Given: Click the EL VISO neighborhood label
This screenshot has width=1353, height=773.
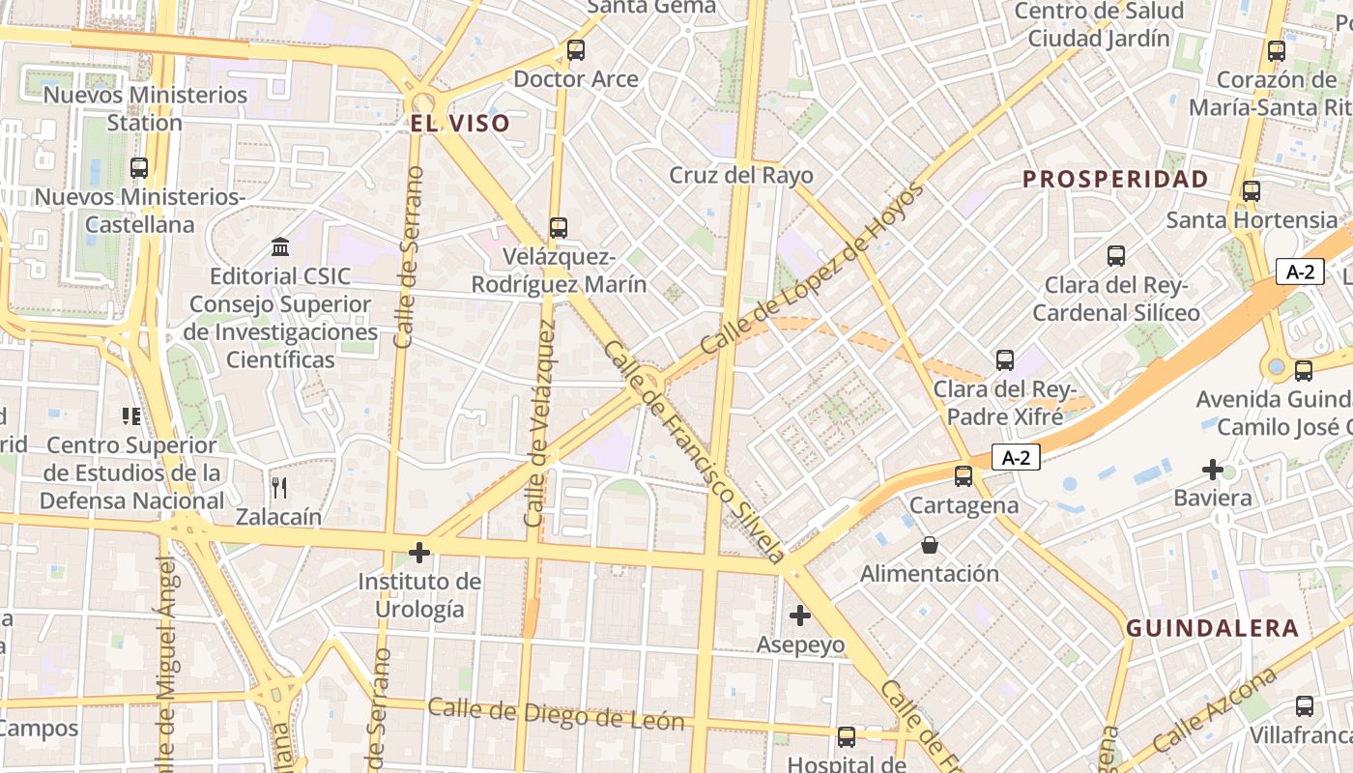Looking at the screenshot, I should pyautogui.click(x=459, y=124).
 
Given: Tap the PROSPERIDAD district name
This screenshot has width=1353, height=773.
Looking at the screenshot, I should pyautogui.click(x=1115, y=179).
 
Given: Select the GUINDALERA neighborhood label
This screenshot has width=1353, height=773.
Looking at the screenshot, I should pyautogui.click(x=1212, y=628).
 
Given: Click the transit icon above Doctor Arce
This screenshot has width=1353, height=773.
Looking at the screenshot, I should pyautogui.click(x=576, y=50).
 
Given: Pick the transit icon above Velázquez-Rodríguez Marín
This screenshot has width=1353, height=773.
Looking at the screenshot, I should pyautogui.click(x=559, y=228).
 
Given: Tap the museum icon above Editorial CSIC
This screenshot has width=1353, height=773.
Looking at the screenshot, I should pyautogui.click(x=280, y=247).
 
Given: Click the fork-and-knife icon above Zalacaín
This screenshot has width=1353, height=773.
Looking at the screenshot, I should pyautogui.click(x=279, y=487).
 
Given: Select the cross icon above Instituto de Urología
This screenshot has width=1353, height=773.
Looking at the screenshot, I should pyautogui.click(x=419, y=553).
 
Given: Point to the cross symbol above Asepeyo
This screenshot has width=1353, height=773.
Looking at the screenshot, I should pyautogui.click(x=800, y=615).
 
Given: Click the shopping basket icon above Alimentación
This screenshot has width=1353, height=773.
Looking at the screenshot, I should pyautogui.click(x=930, y=545).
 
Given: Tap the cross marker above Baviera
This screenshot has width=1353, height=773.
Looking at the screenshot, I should pyautogui.click(x=1212, y=470).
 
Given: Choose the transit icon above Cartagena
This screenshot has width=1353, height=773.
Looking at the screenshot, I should pyautogui.click(x=964, y=475).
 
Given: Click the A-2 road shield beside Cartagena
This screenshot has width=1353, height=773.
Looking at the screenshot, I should pyautogui.click(x=1015, y=458).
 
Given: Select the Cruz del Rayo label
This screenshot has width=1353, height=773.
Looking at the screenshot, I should pyautogui.click(x=741, y=176).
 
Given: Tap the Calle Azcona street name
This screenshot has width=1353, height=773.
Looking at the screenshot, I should pyautogui.click(x=1214, y=713).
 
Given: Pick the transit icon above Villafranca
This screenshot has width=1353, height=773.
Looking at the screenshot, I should pyautogui.click(x=1304, y=706).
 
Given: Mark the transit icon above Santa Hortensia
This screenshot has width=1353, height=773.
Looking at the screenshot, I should pyautogui.click(x=1252, y=191).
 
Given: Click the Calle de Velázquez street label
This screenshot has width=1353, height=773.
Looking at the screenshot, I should pyautogui.click(x=539, y=423).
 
